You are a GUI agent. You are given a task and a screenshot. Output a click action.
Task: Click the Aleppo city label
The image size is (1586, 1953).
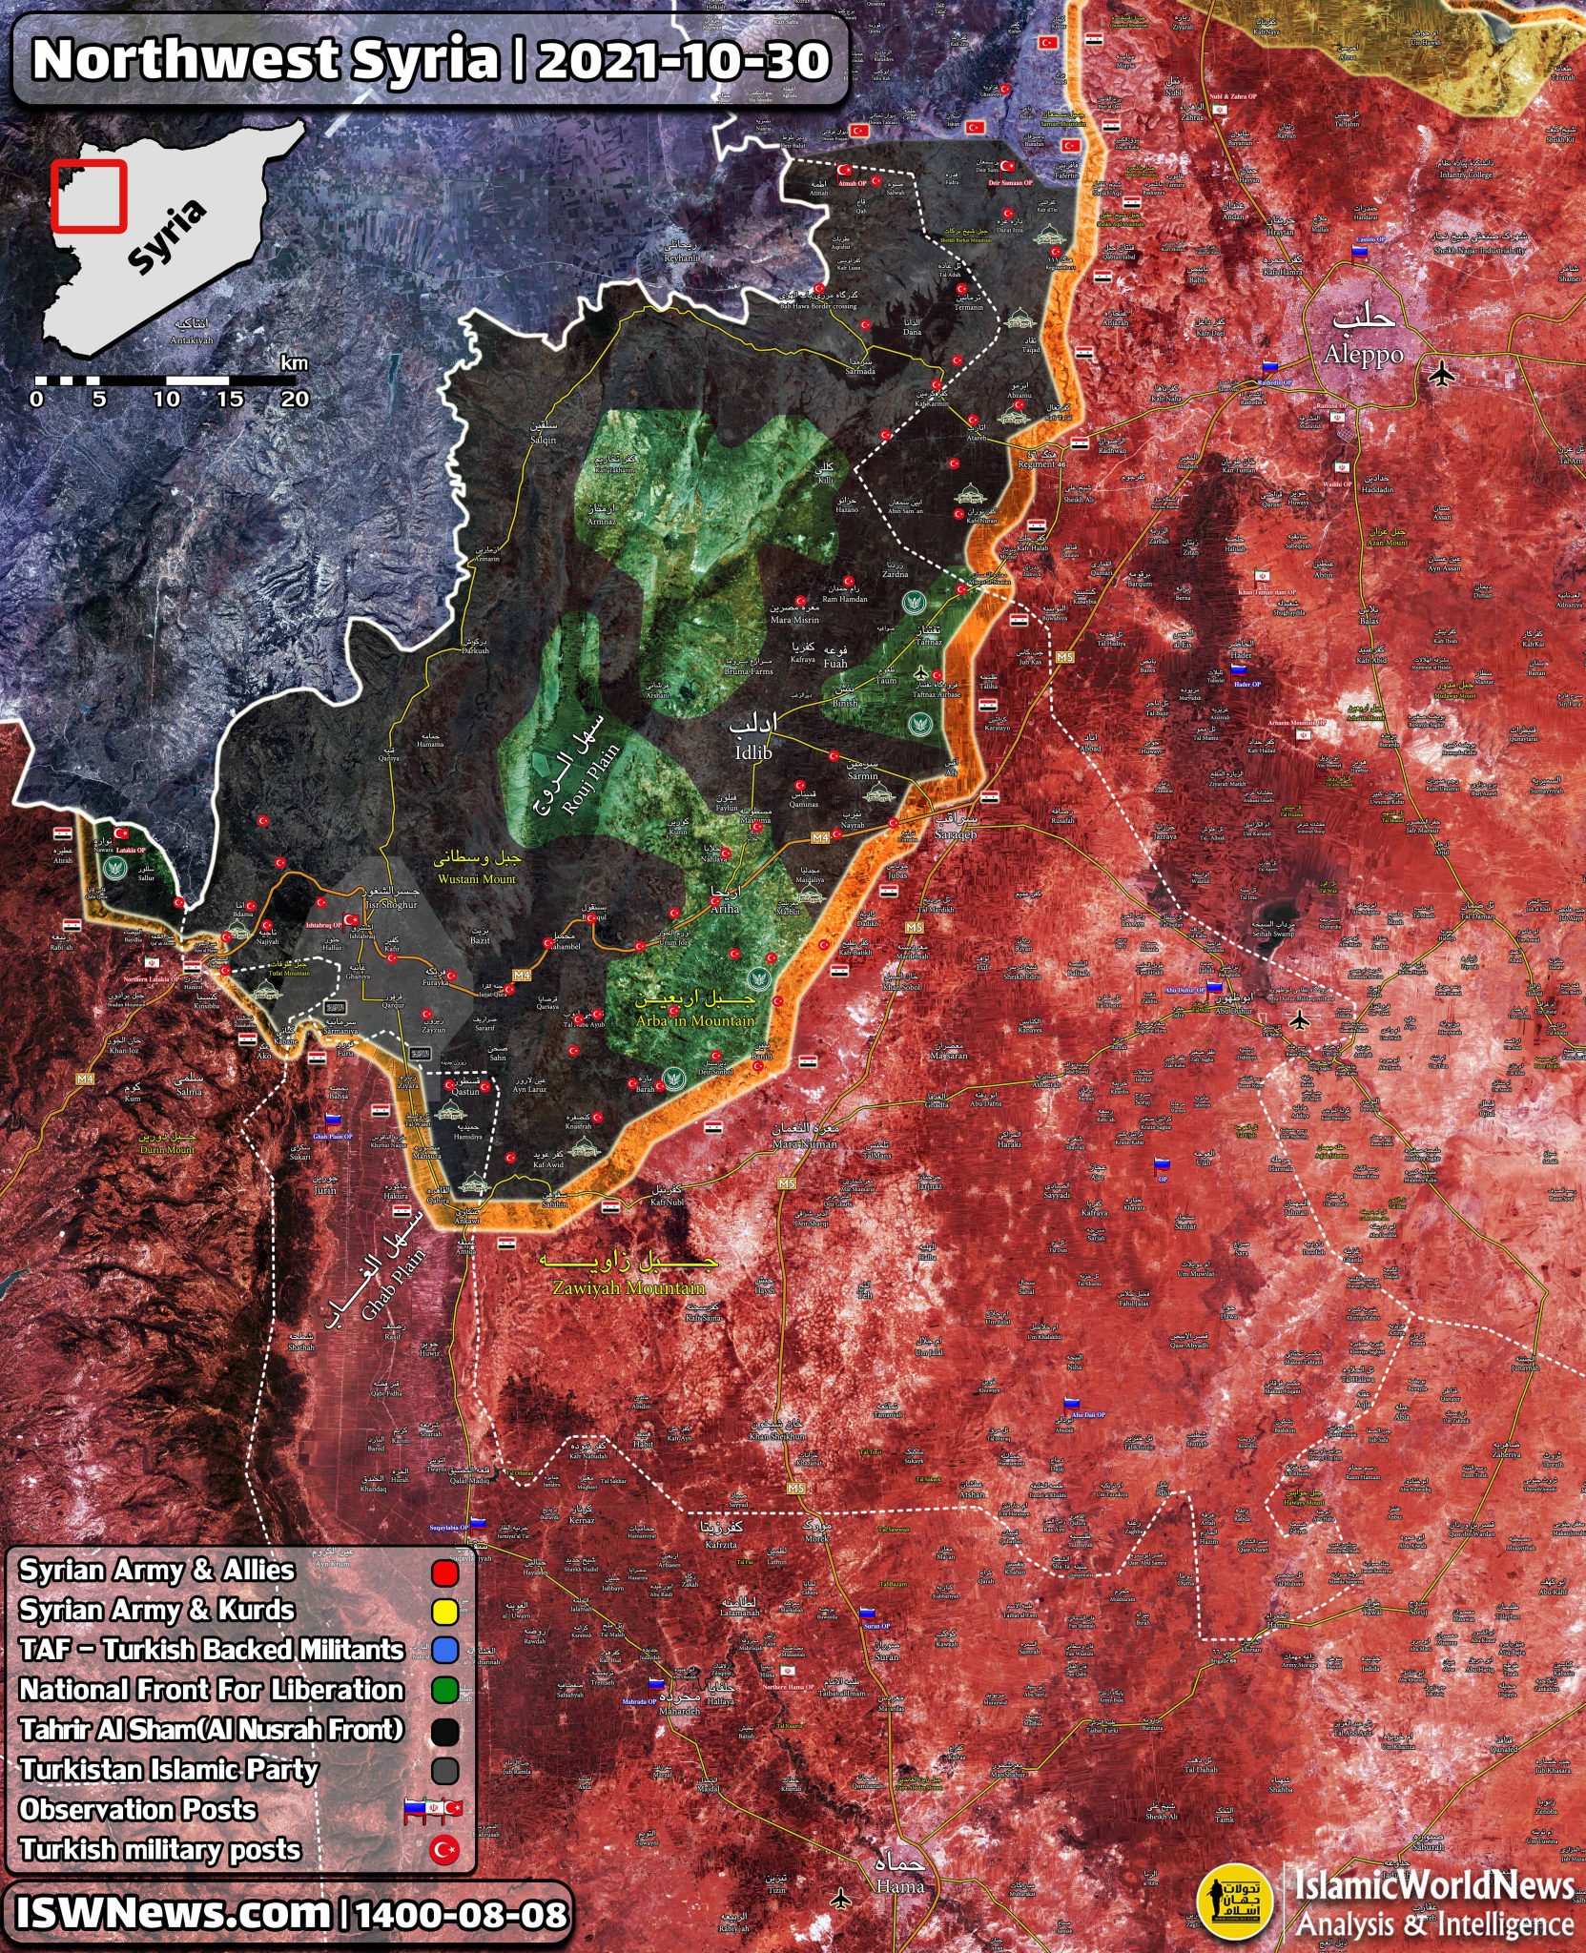(x=1362, y=354)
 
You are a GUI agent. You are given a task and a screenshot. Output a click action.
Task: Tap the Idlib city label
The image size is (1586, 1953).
(x=753, y=751)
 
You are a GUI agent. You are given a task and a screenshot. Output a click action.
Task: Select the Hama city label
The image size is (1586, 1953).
(x=901, y=1886)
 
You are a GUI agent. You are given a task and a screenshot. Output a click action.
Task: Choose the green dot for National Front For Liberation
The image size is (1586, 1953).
(x=444, y=1691)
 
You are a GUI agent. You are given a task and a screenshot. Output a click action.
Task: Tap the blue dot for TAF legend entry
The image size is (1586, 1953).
(x=444, y=1651)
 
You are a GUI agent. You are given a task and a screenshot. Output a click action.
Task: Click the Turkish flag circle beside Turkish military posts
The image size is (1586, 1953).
(x=444, y=1851)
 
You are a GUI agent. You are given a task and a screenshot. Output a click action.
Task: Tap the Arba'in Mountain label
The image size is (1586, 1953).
(x=696, y=1020)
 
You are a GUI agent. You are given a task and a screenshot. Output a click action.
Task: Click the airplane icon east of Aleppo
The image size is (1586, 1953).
(x=1442, y=374)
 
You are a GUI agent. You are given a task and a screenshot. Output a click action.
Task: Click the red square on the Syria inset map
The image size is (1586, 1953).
(x=89, y=195)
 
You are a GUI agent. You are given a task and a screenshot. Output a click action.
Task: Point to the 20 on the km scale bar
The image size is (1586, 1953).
(x=294, y=399)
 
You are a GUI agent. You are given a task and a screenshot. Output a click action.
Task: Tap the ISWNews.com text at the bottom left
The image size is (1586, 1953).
(x=172, y=1913)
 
